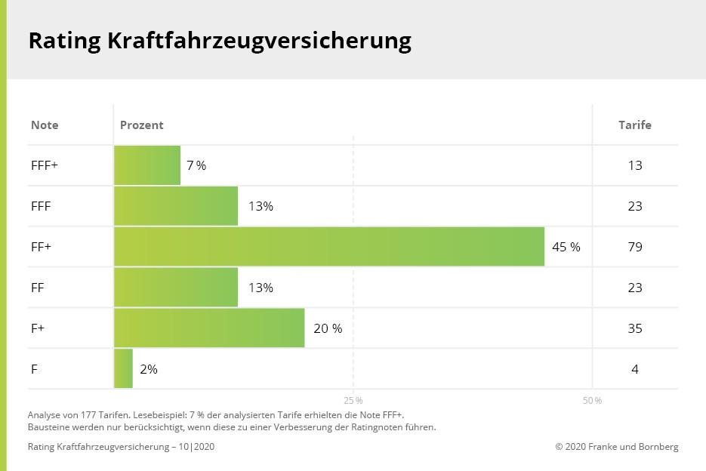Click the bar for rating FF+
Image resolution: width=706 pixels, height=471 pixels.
coord(329,247)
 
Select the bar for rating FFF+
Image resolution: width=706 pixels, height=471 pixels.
coord(147,165)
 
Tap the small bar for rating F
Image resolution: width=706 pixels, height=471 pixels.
coord(123,369)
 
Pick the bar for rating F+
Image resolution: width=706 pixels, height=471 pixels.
coord(209,328)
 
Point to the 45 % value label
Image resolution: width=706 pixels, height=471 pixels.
coord(566,247)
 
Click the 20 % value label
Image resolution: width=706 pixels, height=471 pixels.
coord(328,328)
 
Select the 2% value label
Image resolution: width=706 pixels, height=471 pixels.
coord(149,369)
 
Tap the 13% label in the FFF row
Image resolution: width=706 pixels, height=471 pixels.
coord(261,206)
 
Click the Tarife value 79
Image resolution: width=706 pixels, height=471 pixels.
coord(635,247)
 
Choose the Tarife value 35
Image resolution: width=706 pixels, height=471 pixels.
coord(635,328)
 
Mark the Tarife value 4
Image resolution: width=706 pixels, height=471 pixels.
coord(635,369)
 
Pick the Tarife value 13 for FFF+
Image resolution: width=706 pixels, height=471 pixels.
coord(635,165)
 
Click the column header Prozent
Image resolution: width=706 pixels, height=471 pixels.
coord(142,125)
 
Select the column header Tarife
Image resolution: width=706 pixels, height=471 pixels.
coord(635,125)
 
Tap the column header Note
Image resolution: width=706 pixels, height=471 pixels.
coord(45,125)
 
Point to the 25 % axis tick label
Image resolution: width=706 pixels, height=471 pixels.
coord(353,400)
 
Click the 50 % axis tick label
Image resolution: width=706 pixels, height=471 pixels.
coord(592,400)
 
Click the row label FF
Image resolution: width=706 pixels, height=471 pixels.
coord(38,288)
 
